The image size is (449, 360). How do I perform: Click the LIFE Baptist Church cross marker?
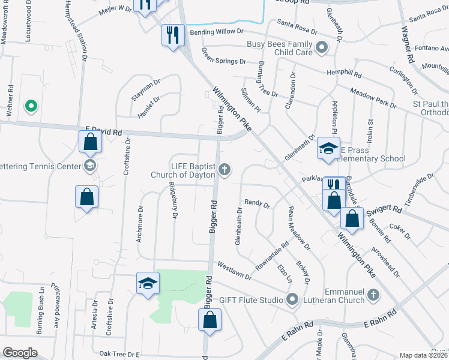(x=225, y=170)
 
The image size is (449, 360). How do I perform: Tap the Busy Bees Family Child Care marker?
(x=322, y=46)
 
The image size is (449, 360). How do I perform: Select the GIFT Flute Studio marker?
(x=292, y=298)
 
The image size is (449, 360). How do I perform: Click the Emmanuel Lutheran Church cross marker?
(x=373, y=295)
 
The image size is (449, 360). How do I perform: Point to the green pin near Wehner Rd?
(x=31, y=106)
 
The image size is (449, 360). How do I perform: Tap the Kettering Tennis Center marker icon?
(x=90, y=166)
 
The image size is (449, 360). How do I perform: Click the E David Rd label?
(x=104, y=130)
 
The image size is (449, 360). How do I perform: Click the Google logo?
(x=19, y=353)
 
